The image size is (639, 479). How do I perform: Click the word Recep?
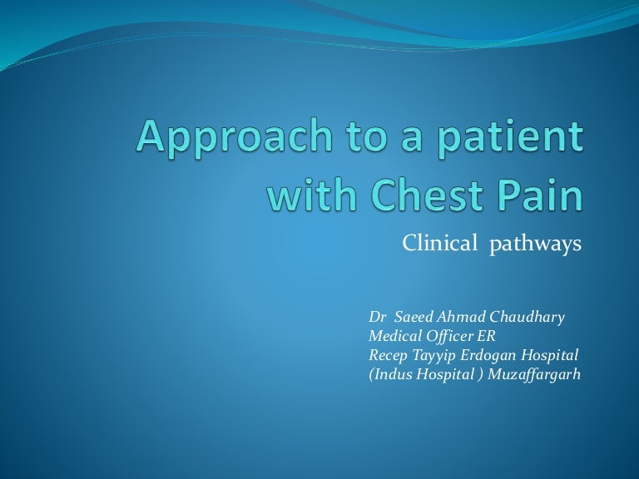(388, 355)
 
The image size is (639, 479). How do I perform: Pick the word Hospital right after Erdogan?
(549, 355)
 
